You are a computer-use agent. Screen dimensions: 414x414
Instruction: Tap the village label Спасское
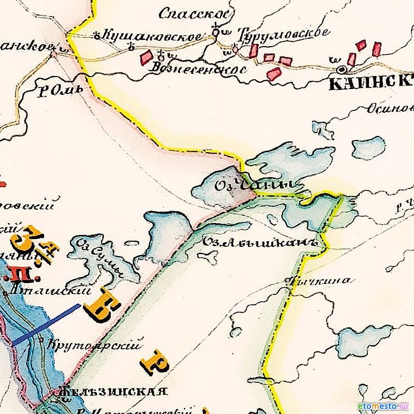pyautogui.click(x=194, y=14)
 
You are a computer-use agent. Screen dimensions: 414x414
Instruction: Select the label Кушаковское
pyautogui.click(x=153, y=36)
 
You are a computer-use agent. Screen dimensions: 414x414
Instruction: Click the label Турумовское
pyautogui.click(x=283, y=34)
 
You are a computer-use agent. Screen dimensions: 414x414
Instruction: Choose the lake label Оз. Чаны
pyautogui.click(x=258, y=184)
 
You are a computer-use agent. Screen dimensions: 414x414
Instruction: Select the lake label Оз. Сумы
pyautogui.click(x=101, y=257)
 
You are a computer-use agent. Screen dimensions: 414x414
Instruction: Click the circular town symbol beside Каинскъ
pyautogui.click(x=341, y=68)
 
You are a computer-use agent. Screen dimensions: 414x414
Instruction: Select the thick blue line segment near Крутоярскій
pyautogui.click(x=47, y=324)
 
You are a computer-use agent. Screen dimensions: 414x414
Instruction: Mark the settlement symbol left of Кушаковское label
pyautogui.click(x=97, y=35)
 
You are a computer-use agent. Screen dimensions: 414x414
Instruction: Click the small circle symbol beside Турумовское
pyautogui.click(x=235, y=50)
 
